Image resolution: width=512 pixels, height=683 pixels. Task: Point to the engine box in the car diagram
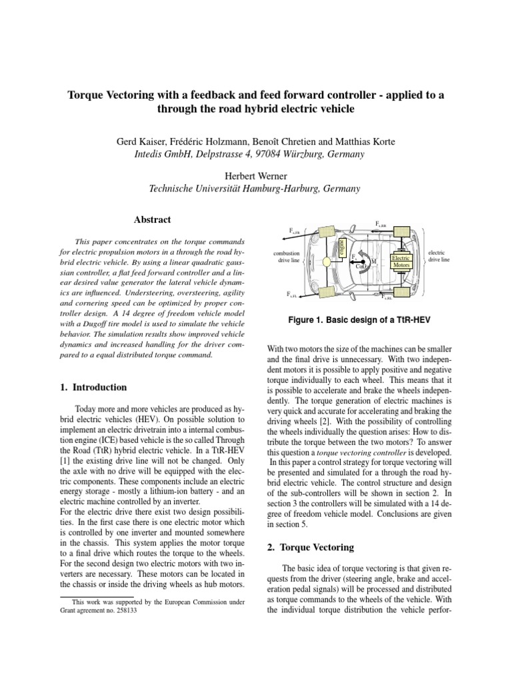[342, 245]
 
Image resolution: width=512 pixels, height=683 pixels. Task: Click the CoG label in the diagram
[361, 267]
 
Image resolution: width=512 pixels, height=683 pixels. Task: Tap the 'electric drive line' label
[437, 257]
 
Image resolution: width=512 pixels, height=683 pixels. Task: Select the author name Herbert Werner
[255, 175]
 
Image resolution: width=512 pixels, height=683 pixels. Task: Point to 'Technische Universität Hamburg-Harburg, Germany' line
[255, 189]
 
